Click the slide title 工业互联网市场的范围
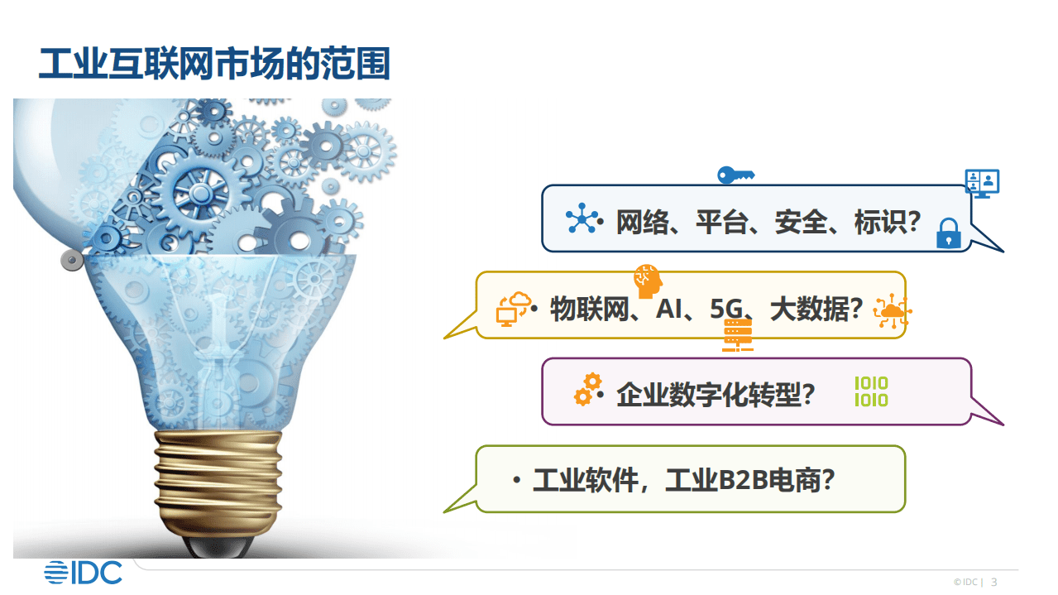tap(214, 64)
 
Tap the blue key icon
tap(735, 175)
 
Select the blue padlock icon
tap(948, 233)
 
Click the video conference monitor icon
tap(982, 183)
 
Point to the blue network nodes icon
tap(582, 220)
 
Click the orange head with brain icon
tap(648, 281)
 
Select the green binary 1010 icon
tap(871, 391)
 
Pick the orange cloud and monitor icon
tap(513, 309)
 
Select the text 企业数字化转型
tap(708, 395)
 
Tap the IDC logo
tap(83, 572)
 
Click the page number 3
tap(994, 582)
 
